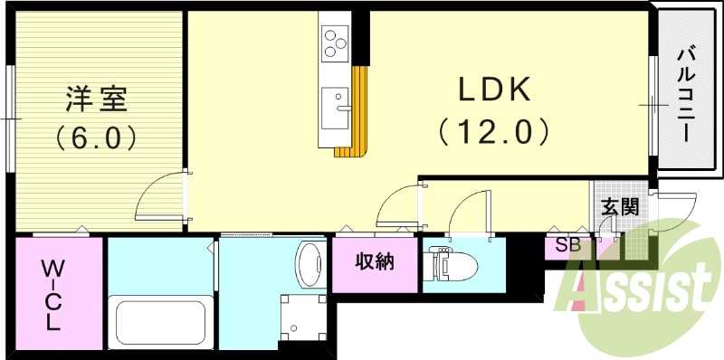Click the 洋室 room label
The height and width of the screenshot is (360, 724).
pos(96,99)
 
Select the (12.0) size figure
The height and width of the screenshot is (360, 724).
pos(493,132)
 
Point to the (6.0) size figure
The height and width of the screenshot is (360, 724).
pos(96,137)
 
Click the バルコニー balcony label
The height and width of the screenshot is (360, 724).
pos(688,95)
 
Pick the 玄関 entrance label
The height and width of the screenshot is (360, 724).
pos(620,208)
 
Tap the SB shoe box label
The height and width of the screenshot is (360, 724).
pos(567,245)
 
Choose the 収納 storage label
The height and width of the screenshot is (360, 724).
pos(375,261)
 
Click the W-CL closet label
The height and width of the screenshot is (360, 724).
pos(53,296)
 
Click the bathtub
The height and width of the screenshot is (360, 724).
pos(160,322)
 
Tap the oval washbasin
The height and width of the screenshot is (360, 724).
pos(310,264)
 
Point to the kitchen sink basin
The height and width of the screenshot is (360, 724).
pos(335,108)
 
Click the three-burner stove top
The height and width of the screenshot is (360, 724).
pos(335,43)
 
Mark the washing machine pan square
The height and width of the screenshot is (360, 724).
pos(303,318)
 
